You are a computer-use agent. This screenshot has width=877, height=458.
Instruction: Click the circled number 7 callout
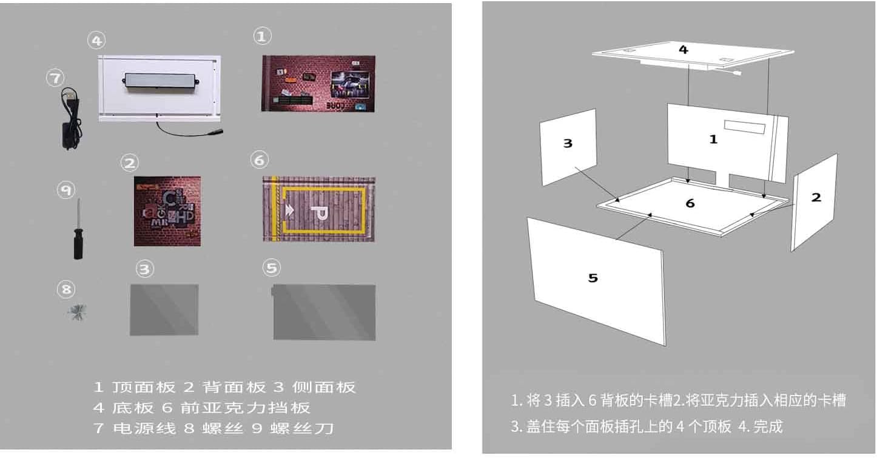pyautogui.click(x=55, y=78)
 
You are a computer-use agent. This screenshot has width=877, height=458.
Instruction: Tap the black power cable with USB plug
pyautogui.click(x=68, y=119)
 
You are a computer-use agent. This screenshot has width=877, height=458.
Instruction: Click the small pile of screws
pyautogui.click(x=77, y=312)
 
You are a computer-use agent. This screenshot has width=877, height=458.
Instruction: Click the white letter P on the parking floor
pyautogui.click(x=315, y=212)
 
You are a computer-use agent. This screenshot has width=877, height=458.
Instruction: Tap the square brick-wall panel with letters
pyautogui.click(x=167, y=211)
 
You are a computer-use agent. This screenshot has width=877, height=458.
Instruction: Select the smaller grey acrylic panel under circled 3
pyautogui.click(x=164, y=309)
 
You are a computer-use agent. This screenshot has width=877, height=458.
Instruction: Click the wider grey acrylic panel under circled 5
pyautogui.click(x=324, y=312)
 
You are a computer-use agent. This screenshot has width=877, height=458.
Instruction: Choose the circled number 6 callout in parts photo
pyautogui.click(x=259, y=160)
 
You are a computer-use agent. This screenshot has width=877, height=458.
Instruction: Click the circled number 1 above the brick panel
pyautogui.click(x=261, y=36)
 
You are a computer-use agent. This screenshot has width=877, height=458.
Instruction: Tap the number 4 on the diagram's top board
pyautogui.click(x=684, y=50)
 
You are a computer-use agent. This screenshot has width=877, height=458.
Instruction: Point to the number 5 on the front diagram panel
pyautogui.click(x=593, y=278)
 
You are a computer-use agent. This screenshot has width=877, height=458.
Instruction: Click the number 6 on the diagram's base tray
pyautogui.click(x=690, y=204)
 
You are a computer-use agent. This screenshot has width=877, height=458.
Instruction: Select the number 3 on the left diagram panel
pyautogui.click(x=568, y=144)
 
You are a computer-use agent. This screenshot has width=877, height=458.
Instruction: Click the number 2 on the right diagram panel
pyautogui.click(x=816, y=197)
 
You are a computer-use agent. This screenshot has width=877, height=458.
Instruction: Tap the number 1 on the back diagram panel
pyautogui.click(x=713, y=139)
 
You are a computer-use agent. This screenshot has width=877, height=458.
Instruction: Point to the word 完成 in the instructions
pyautogui.click(x=768, y=426)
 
